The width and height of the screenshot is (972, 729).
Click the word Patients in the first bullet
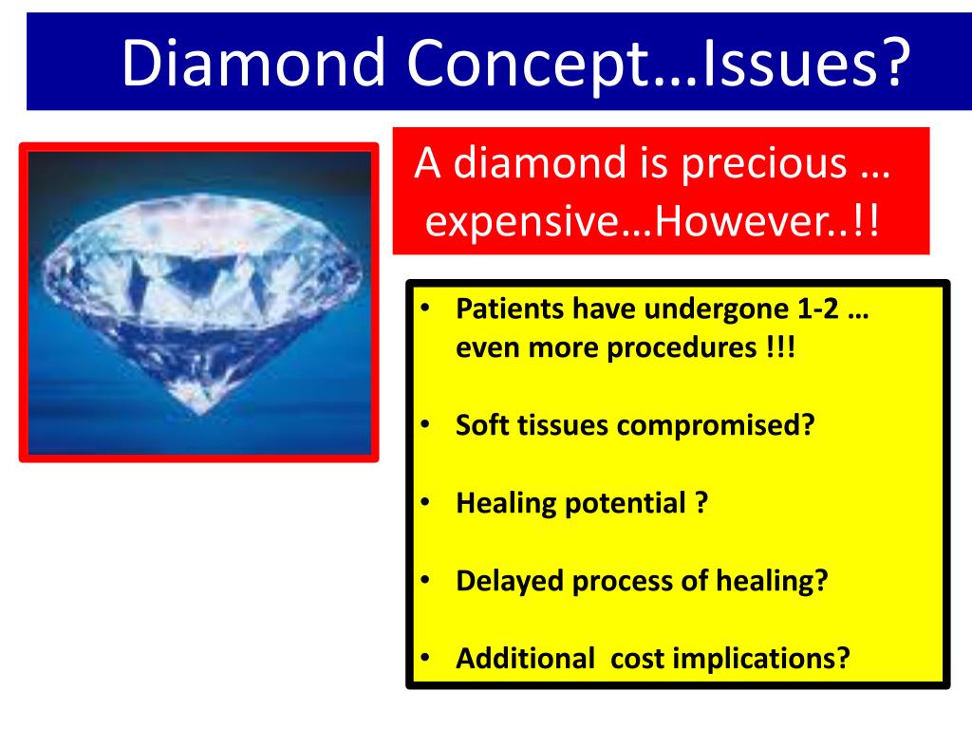[x=510, y=311]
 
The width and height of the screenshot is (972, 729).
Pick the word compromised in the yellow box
[x=716, y=424]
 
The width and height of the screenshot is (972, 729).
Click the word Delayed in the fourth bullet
[x=509, y=580]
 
